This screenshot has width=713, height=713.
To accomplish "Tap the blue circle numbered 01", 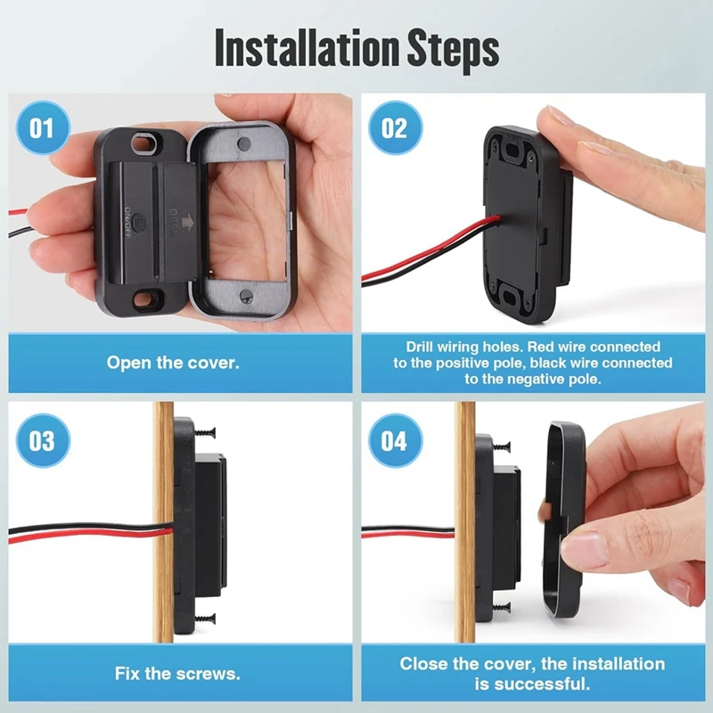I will (x=42, y=127).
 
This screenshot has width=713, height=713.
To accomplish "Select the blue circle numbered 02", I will (x=393, y=127).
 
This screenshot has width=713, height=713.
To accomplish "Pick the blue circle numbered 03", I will (x=42, y=441).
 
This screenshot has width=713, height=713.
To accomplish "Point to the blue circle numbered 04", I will (x=393, y=441).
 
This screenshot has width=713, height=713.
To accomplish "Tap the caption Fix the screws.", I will (x=177, y=673).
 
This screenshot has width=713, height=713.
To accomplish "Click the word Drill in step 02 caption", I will (x=424, y=346).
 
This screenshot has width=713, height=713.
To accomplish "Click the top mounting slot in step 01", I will (x=140, y=144).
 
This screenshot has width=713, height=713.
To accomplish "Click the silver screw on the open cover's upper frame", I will (x=243, y=145).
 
